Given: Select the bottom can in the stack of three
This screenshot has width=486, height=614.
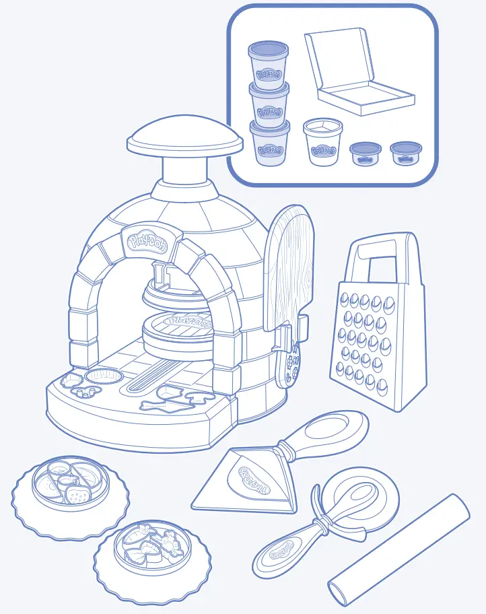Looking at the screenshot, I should tap(269, 143).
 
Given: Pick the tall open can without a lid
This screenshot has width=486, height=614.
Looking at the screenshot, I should tap(323, 143).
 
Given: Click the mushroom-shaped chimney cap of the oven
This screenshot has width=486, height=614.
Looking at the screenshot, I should tap(185, 138).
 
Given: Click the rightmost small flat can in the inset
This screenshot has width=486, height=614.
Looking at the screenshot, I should tap(406, 153).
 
